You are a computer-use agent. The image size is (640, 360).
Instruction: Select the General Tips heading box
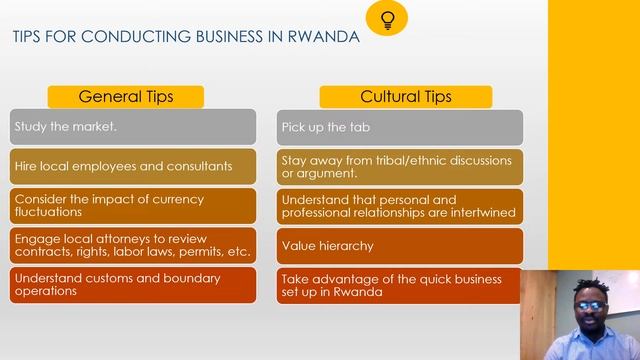point(126,96)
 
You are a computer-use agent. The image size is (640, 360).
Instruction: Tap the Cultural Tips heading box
point(405,96)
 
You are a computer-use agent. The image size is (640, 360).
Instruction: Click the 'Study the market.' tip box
point(132,127)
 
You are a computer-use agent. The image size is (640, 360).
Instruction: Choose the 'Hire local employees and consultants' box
point(132,166)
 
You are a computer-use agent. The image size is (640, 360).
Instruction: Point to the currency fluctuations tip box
point(132,205)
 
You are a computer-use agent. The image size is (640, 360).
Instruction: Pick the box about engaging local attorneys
point(132,245)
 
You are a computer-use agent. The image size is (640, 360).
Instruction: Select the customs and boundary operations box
point(132,284)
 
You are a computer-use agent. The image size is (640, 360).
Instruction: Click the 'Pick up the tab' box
point(400,127)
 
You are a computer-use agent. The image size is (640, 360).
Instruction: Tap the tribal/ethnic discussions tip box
point(400,166)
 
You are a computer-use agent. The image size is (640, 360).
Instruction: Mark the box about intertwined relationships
point(400,205)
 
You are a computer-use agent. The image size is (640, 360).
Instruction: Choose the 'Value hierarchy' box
point(400,245)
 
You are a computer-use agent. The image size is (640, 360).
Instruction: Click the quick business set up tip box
point(400,285)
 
